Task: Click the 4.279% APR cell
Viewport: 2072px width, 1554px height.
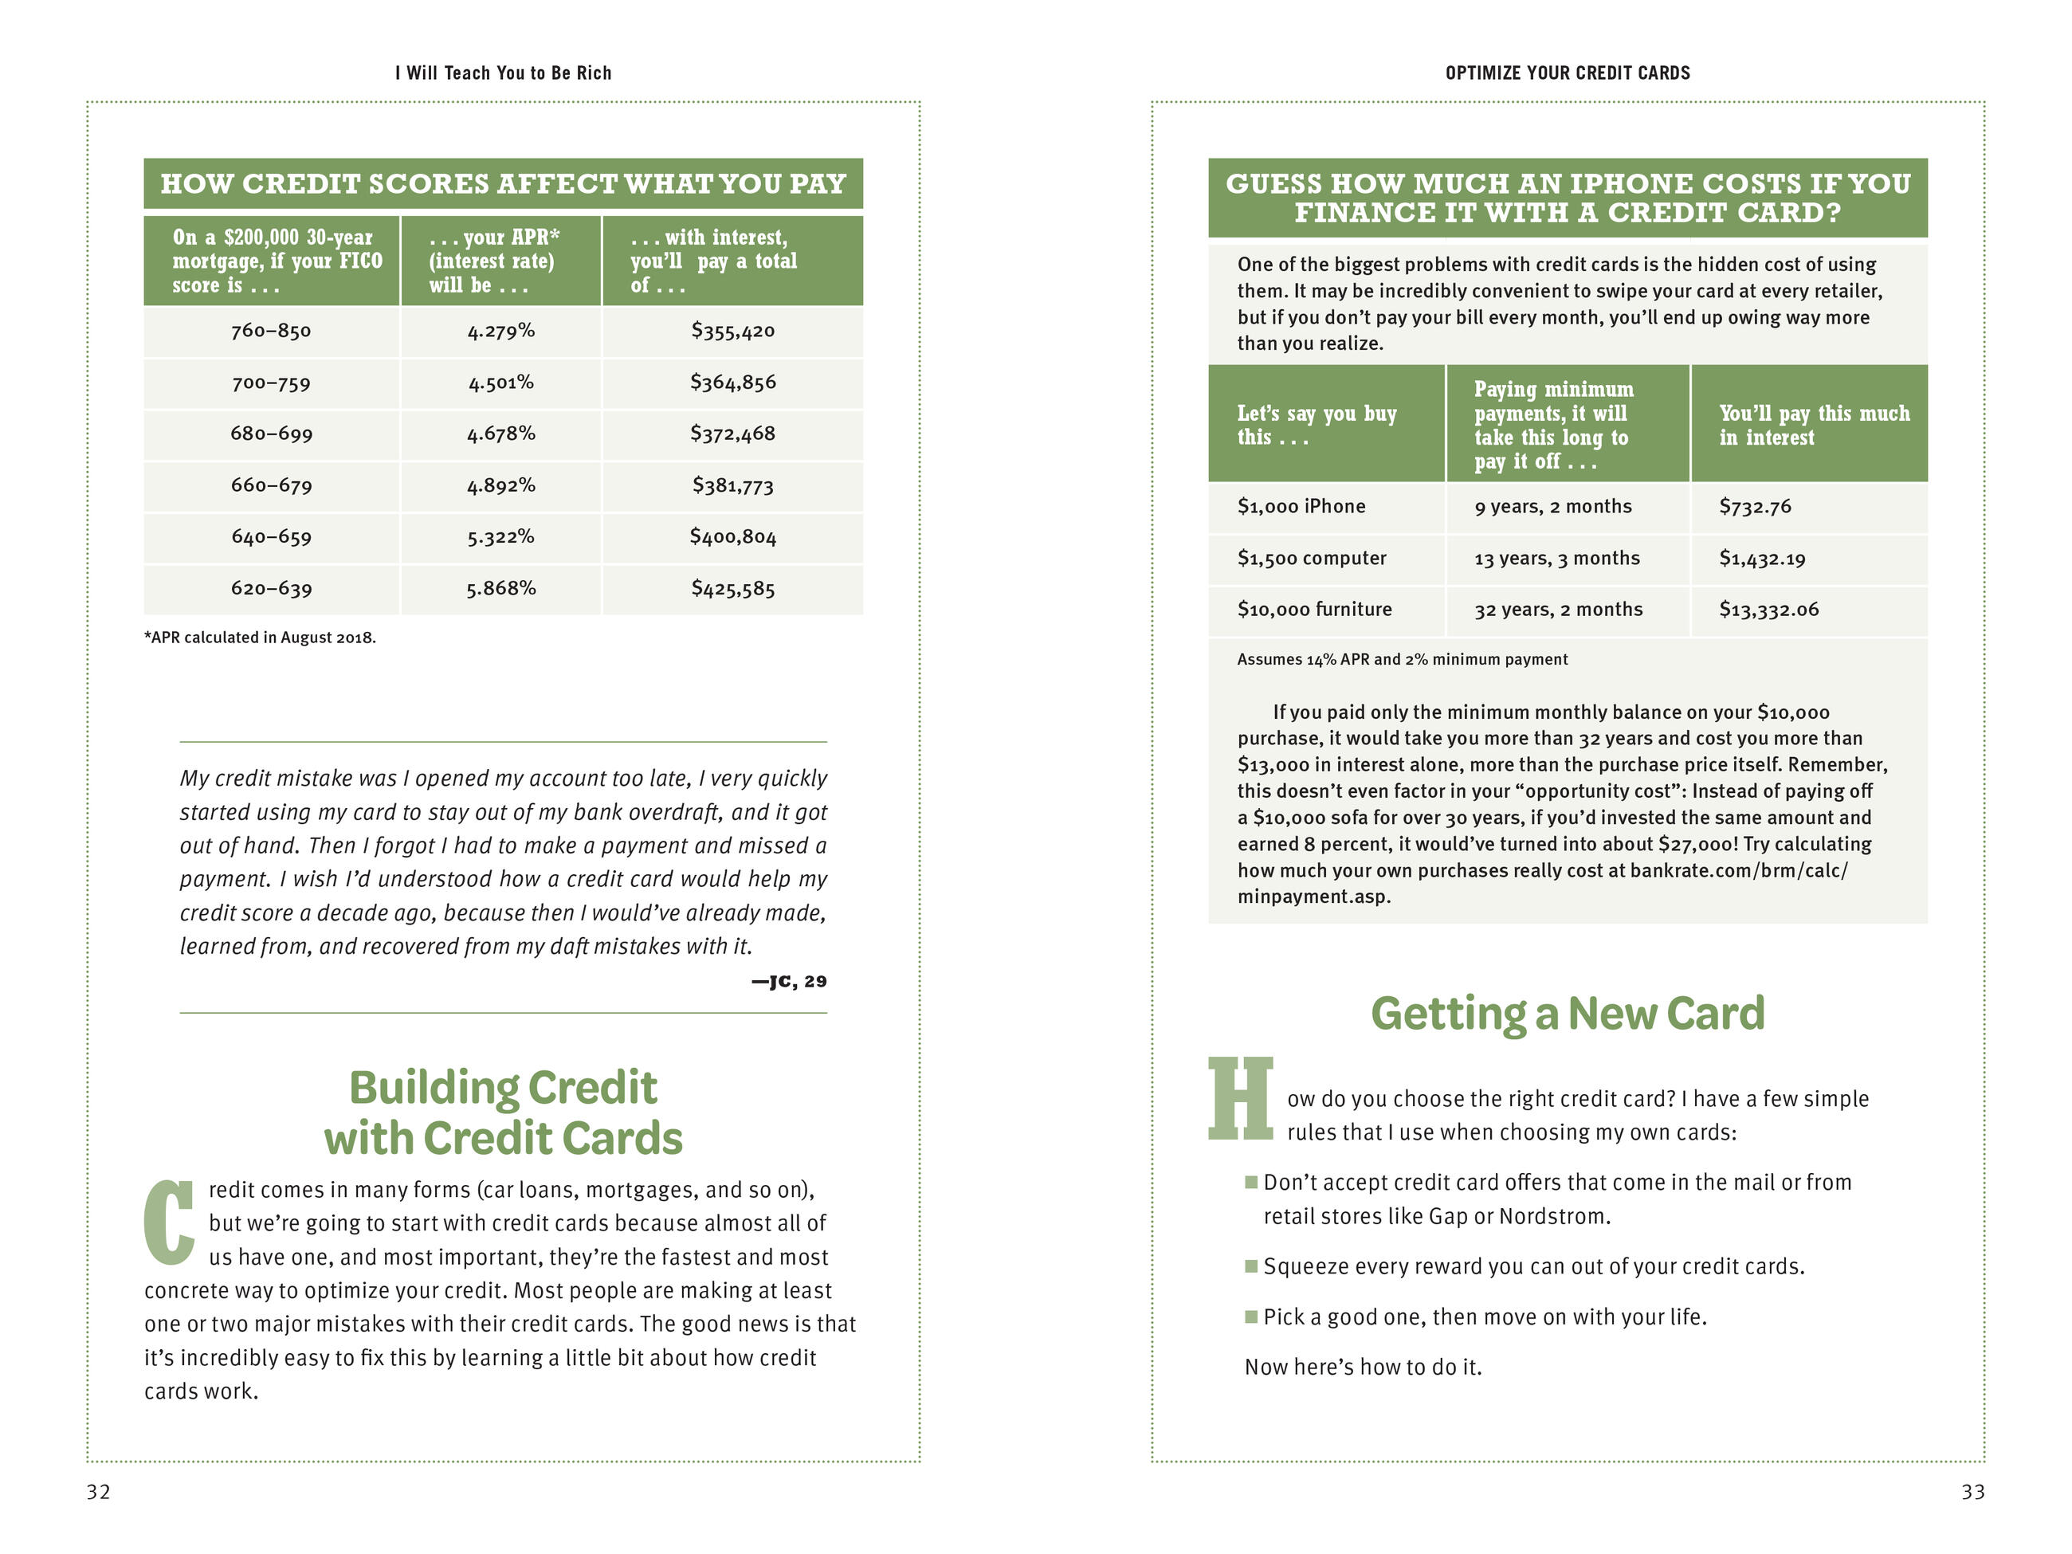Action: pyautogui.click(x=500, y=331)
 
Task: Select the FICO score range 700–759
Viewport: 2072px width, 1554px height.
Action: pyautogui.click(x=271, y=383)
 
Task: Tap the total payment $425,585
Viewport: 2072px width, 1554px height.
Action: pyautogui.click(x=732, y=588)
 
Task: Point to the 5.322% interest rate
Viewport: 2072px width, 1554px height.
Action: pyautogui.click(x=500, y=537)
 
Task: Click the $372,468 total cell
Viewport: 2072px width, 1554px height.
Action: pyautogui.click(x=732, y=434)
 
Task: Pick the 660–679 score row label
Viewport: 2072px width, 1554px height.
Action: pyautogui.click(x=271, y=485)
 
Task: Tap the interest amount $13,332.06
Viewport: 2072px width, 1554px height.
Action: pyautogui.click(x=1768, y=610)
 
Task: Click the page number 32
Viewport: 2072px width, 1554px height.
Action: pyautogui.click(x=98, y=1491)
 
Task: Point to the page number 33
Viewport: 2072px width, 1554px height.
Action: pyautogui.click(x=1972, y=1491)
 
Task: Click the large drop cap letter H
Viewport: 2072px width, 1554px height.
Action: pyautogui.click(x=1240, y=1098)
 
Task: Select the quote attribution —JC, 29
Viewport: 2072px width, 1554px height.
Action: pyautogui.click(x=789, y=981)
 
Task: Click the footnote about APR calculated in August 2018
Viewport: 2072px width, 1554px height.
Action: pyautogui.click(x=260, y=638)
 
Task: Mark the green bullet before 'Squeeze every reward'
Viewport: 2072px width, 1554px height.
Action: pyautogui.click(x=1250, y=1266)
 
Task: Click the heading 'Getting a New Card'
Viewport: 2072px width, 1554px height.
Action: pyautogui.click(x=1567, y=1014)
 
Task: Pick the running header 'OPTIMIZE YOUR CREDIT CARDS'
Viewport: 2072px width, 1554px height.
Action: pyautogui.click(x=1567, y=73)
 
